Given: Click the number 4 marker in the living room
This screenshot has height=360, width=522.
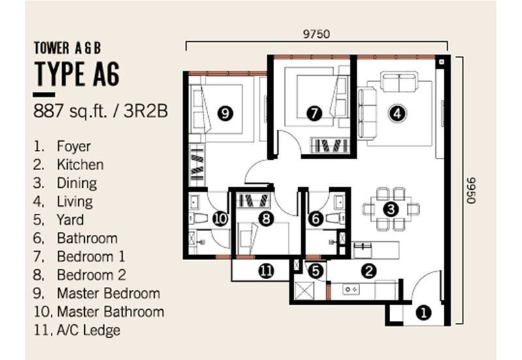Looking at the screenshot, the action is coord(397,113).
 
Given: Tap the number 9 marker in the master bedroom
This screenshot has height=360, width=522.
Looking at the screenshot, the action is coord(225,113).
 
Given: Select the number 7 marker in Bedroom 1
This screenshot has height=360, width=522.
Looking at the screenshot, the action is coord(314,113).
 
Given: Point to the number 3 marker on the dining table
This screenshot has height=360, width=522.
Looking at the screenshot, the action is coord(390,209).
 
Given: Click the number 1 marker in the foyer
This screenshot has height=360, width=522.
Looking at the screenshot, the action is coord(423,313).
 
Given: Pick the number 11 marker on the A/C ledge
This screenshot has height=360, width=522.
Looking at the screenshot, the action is coord(266,271).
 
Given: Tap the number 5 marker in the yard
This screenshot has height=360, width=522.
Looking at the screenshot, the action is coord(316,271).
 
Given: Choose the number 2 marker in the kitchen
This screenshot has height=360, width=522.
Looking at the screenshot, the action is coord(369,271).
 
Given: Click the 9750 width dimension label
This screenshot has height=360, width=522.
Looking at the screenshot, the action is coord(316,34).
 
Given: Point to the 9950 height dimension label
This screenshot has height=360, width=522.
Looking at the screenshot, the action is coord(471,190).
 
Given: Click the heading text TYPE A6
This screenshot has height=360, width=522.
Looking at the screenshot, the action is coord(77,74).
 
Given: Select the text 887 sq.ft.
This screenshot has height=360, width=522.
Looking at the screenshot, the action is coord(70,112).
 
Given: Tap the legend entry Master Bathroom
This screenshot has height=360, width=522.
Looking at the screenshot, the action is coord(110,312).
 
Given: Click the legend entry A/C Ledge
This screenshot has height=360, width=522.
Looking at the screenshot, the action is coord(89,331).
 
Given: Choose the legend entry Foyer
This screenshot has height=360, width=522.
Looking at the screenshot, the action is coord(74,146).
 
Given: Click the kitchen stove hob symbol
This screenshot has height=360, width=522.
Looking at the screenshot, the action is coord(351,290).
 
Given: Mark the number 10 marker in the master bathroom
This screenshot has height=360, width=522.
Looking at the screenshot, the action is coord(220,218).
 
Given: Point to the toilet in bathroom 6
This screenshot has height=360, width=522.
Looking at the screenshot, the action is coord(335,218).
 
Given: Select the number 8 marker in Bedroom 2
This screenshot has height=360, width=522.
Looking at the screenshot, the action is coord(266,218).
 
